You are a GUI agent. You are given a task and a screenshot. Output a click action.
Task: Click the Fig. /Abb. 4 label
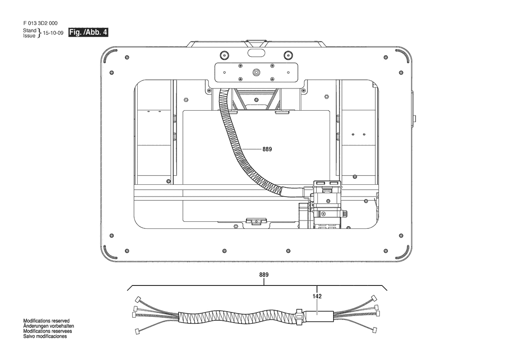(88, 32)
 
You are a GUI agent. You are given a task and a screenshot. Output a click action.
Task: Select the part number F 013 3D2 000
(40, 23)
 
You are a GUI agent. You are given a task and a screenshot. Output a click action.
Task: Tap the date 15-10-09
(53, 33)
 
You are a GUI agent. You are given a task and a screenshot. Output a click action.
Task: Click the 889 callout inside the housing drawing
(267, 149)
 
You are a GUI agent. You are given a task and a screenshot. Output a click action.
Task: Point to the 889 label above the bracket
(264, 275)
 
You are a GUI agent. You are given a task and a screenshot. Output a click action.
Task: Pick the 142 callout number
(317, 296)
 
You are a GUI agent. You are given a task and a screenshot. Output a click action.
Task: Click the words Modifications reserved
(46, 321)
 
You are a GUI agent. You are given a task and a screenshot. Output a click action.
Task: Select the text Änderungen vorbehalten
(48, 326)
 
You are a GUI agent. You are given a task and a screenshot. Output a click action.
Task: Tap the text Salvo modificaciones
(45, 336)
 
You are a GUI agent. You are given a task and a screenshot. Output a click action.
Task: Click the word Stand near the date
(30, 31)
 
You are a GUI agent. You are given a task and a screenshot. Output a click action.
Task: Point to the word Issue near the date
(29, 36)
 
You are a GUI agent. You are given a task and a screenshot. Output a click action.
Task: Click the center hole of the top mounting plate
(256, 71)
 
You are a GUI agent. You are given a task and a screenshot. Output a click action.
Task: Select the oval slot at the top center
(256, 53)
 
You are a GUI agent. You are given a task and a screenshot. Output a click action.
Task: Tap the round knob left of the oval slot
(224, 54)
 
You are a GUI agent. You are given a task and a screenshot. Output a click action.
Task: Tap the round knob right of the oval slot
(288, 54)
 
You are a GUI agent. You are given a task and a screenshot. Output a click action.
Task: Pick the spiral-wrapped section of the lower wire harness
(236, 316)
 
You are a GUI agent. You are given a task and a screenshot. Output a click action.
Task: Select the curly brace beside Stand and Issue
(39, 33)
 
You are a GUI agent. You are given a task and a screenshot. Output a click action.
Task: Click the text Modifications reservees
(47, 331)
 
